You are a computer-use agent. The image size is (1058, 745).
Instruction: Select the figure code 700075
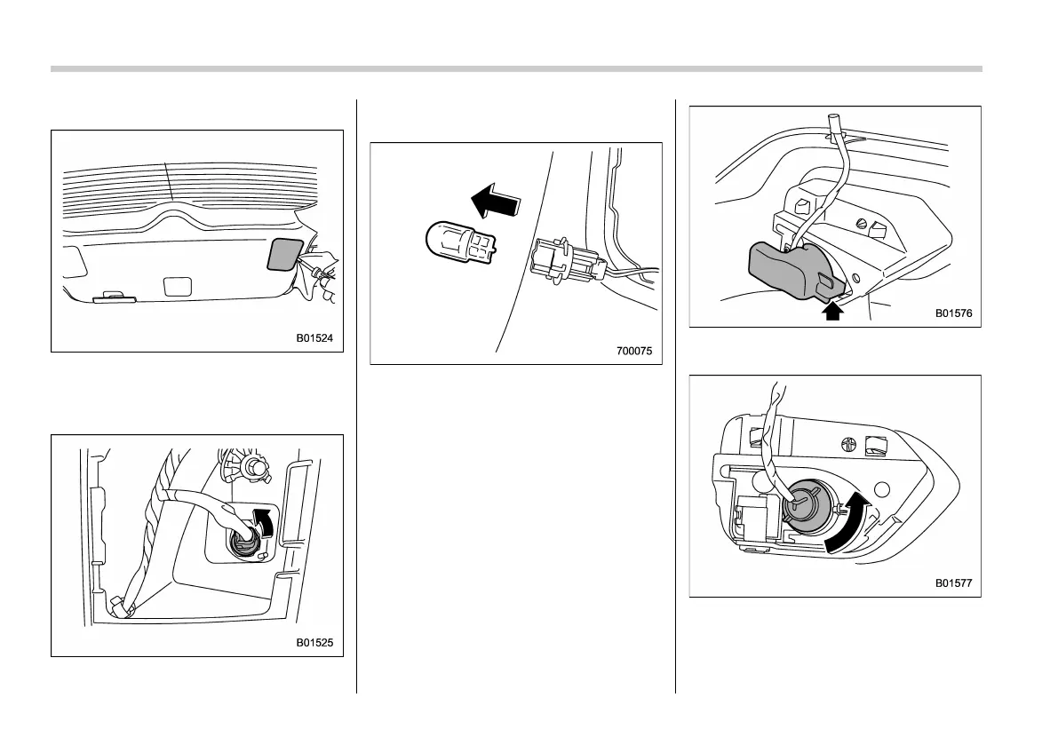pyautogui.click(x=634, y=351)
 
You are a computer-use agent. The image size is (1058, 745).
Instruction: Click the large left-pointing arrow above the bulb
pyautogui.click(x=494, y=200)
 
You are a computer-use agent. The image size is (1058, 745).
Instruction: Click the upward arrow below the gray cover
pyautogui.click(x=832, y=311)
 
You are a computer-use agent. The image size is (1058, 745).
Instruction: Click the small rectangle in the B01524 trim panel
pyautogui.click(x=178, y=286)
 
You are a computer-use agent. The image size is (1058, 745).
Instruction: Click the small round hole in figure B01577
pyautogui.click(x=882, y=489)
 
